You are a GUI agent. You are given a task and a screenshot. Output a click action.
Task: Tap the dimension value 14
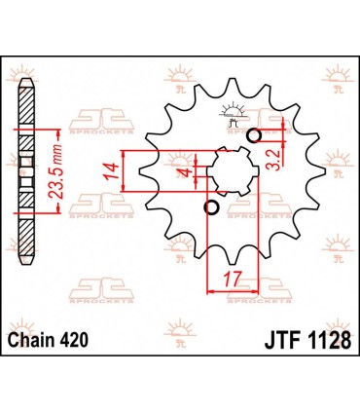point(111,175)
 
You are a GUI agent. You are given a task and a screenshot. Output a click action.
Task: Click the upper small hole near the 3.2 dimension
point(255,134)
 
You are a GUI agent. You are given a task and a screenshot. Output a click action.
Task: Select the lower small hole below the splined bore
point(211,206)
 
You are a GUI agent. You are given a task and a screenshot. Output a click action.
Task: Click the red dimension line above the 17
point(234,288)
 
